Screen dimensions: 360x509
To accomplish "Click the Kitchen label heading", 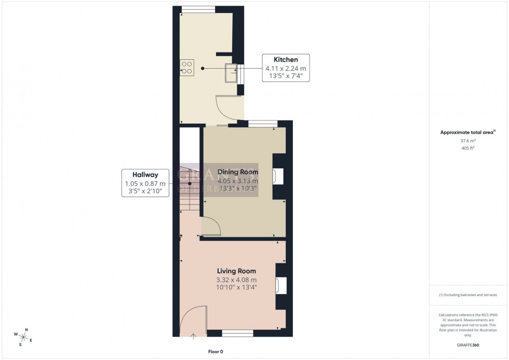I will point(286,60).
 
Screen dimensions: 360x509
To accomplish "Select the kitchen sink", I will point(230,72).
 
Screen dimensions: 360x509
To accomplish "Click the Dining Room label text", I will point(237,172).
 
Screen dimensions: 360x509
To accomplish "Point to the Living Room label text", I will point(236,271).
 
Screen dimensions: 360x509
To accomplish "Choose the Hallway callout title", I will point(145,175).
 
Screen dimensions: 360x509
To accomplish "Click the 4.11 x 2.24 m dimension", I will point(286,68).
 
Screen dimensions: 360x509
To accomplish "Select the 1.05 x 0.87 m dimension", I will point(145,183).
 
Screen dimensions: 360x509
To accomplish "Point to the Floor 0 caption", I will point(214,352).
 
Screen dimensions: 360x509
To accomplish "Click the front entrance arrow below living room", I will point(193,337).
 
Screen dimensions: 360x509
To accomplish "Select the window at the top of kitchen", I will point(198,8).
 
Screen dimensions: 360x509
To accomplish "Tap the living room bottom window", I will point(237,332).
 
